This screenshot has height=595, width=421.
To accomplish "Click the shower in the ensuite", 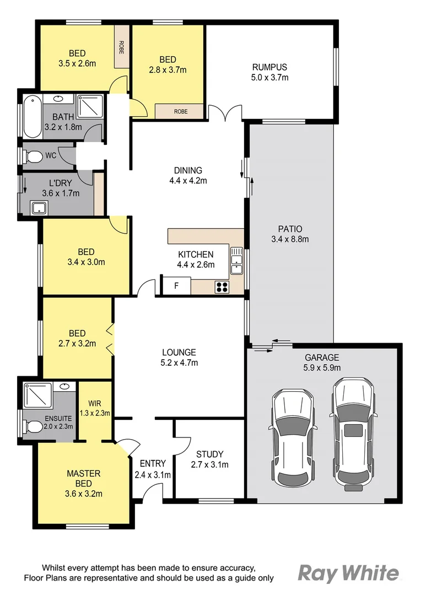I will (37, 394).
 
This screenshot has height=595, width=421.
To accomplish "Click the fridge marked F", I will (176, 286).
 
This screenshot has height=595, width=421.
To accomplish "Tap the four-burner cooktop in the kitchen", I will (222, 286).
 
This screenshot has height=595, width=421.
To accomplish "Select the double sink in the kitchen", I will (236, 261).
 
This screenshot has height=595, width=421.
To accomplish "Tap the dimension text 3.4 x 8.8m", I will (290, 239).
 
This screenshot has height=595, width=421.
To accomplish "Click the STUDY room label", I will (209, 454).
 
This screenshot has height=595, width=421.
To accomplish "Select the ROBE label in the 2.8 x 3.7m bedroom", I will (180, 111).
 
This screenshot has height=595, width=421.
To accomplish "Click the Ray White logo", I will (348, 574).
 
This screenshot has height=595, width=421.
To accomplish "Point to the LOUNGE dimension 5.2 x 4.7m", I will (179, 363).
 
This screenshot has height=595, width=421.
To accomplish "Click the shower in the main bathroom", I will (89, 106).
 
